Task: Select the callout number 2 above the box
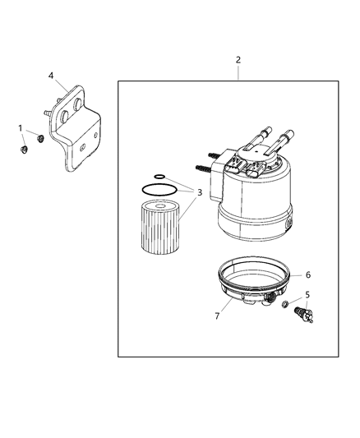click(x=238, y=60)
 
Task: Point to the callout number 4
click(x=51, y=76)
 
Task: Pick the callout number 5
click(x=308, y=293)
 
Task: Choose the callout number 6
click(x=307, y=275)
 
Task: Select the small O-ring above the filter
click(x=160, y=175)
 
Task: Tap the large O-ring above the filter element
click(x=156, y=189)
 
